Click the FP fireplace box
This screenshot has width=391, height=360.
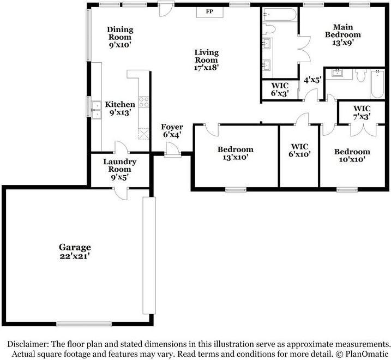pos(209,12)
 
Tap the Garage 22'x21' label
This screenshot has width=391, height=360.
pos(75,251)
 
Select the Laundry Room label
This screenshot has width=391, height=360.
pos(119,165)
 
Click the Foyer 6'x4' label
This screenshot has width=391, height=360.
pos(172,131)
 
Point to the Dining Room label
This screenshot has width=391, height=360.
pos(120,34)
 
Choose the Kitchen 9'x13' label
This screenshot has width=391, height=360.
pos(120,109)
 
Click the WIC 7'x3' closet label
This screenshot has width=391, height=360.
pos(362,112)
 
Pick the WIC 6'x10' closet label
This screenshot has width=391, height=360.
pos(299,151)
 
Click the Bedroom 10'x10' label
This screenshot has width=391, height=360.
pos(352,155)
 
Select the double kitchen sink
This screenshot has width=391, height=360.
pos(96,110)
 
